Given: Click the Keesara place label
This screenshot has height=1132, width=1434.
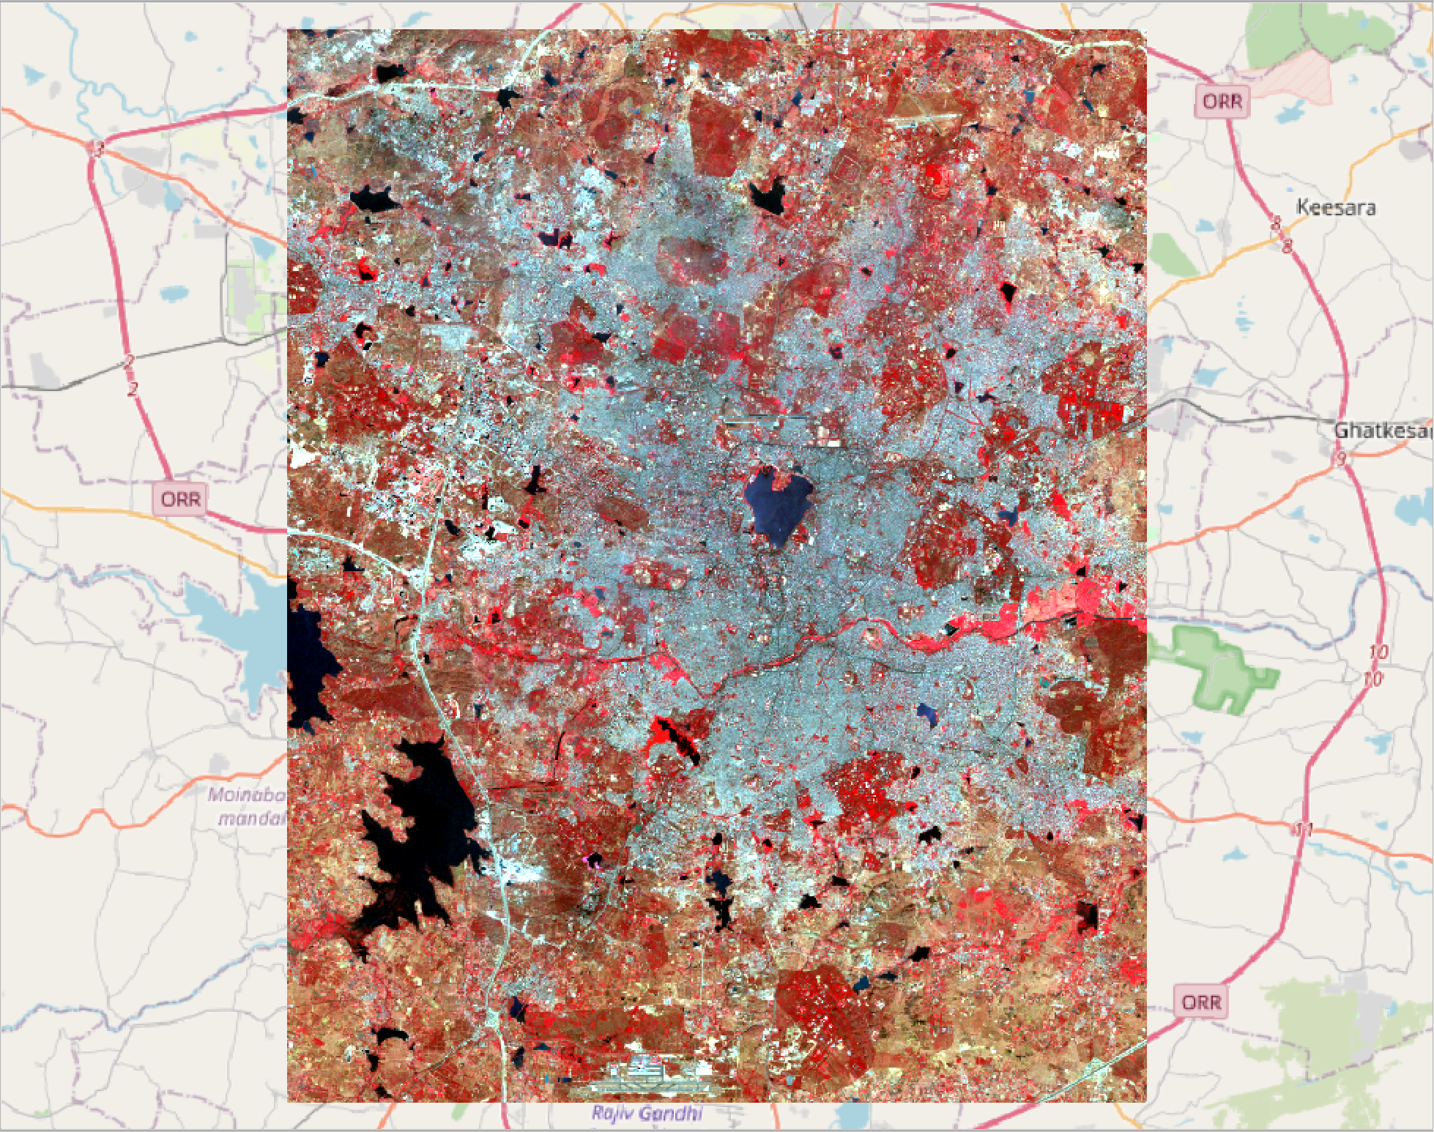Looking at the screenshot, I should (x=1336, y=208).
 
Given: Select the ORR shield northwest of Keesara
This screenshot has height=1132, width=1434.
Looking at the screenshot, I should (x=1222, y=102).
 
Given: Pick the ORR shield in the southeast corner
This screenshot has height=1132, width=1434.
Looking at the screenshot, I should (x=1202, y=1002).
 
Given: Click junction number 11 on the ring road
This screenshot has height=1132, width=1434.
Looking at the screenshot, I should (x=1303, y=830).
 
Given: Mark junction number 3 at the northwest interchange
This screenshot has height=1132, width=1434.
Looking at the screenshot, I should (x=95, y=149).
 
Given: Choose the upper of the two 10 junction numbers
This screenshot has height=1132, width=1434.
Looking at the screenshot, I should (x=1377, y=652).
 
